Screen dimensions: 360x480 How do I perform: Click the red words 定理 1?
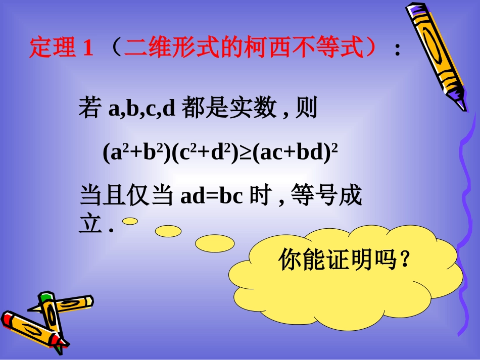(x=61, y=48)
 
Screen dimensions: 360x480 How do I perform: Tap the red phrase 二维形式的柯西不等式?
(x=244, y=48)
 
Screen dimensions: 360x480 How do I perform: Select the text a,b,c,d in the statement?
(x=142, y=109)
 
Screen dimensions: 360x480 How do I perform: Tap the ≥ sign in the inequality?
(x=245, y=152)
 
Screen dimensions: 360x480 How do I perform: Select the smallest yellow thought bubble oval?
(x=130, y=221)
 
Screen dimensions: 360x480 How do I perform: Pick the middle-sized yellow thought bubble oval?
(x=168, y=231)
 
